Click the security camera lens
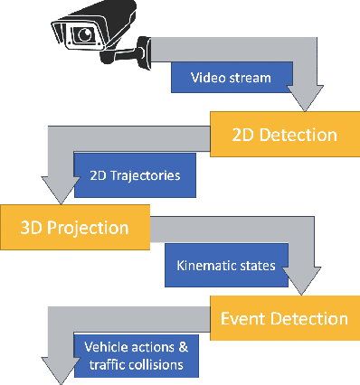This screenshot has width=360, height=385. point(85,35)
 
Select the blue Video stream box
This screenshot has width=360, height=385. point(232,78)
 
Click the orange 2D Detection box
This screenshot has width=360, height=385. point(274,135)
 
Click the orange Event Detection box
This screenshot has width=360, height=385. point(282,318)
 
